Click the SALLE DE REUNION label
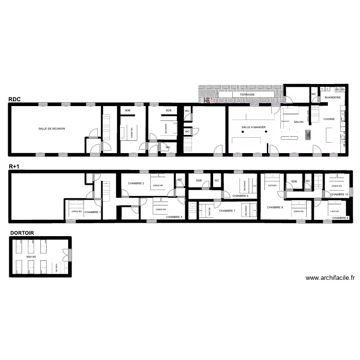pyautogui.click(x=52, y=129)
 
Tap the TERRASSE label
pyautogui.click(x=248, y=95)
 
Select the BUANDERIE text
pyautogui.click(x=333, y=97)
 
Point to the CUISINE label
pyautogui.click(x=329, y=119)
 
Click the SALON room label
pyautogui.click(x=299, y=122)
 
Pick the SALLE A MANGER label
pyautogui.click(x=253, y=127)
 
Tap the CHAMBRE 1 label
pyautogui.click(x=93, y=212)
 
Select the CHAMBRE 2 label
pyautogui.click(x=136, y=183)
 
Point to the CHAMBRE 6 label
pyautogui.click(x=240, y=196)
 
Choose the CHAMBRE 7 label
pyautogui.click(x=228, y=211)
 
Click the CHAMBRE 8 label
pyautogui.click(x=275, y=207)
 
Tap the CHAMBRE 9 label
pyautogui.click(x=340, y=217)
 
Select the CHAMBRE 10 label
pyautogui.click(x=339, y=194)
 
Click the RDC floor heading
pyautogui.click(x=14, y=100)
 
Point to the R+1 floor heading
pyautogui.click(x=14, y=167)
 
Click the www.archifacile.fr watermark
pyautogui.click(x=330, y=277)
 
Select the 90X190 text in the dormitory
pyautogui.click(x=32, y=257)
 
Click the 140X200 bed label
pyautogui.click(x=273, y=185)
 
